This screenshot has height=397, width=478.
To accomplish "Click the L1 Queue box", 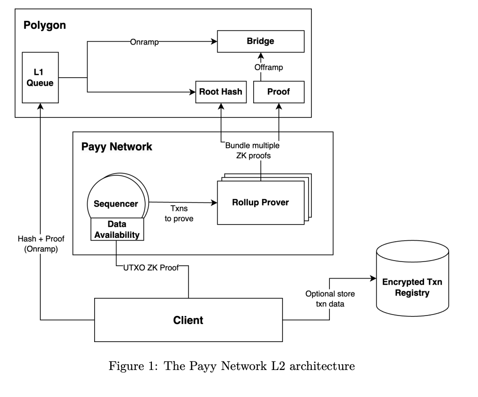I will click(x=40, y=78).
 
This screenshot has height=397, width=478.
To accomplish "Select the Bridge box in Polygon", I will click(x=260, y=41).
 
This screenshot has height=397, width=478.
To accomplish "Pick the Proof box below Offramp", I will click(x=278, y=92).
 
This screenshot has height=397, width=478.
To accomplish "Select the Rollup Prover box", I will click(x=260, y=202).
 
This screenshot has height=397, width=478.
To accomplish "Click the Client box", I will click(x=187, y=320).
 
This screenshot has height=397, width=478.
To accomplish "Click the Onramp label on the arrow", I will click(x=144, y=42).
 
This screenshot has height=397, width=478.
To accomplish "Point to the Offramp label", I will click(x=268, y=67).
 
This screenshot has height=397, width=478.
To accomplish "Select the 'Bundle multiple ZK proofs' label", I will click(x=252, y=150).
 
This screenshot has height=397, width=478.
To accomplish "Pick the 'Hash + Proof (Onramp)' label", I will click(x=41, y=244).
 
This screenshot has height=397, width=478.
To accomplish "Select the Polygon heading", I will click(x=44, y=25).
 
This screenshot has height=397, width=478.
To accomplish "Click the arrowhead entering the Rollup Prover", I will click(x=214, y=202).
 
